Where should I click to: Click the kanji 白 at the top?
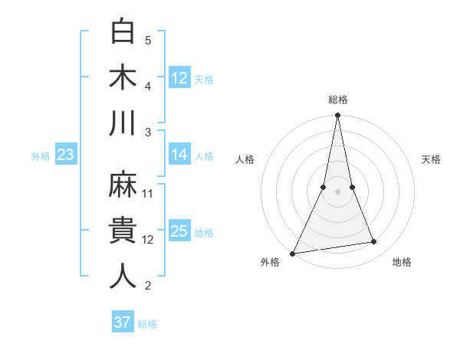click(x=123, y=33)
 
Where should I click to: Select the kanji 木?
click(x=123, y=78)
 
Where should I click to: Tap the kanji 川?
click(x=123, y=123)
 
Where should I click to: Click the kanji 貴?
click(x=123, y=231)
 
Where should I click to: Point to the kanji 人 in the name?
click(x=123, y=276)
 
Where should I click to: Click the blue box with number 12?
click(x=179, y=77)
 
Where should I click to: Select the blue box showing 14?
click(x=179, y=155)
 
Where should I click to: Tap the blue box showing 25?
click(x=179, y=231)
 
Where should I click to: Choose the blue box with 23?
click(x=65, y=155)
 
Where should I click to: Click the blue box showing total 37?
click(x=122, y=322)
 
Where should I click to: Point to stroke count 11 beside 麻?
click(x=149, y=193)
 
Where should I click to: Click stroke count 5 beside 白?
click(x=148, y=40)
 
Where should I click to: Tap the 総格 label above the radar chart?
click(x=338, y=100)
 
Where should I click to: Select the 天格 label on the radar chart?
click(x=432, y=159)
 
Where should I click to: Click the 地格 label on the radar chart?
click(x=402, y=262)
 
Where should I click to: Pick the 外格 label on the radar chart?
click(x=270, y=262)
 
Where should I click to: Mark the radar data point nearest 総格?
click(x=337, y=116)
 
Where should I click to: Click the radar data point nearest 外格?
click(x=293, y=253)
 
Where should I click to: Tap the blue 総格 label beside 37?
click(x=147, y=324)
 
